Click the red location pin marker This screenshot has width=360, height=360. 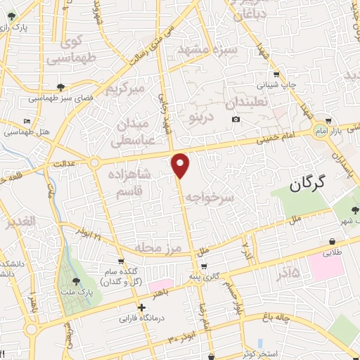[181, 165]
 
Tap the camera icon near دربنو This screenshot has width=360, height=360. [236, 120]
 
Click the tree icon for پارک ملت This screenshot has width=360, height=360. [77, 281]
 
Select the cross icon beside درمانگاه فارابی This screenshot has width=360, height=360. [142, 307]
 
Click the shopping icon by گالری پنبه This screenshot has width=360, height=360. [204, 266]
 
